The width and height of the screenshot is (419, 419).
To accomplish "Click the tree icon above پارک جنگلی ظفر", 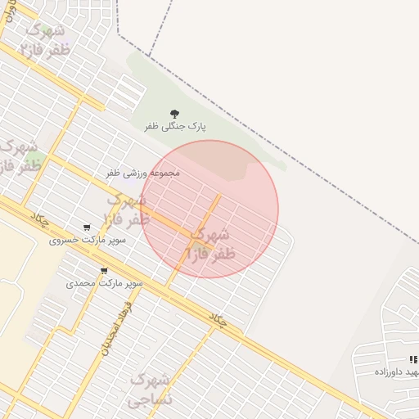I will point(174,114).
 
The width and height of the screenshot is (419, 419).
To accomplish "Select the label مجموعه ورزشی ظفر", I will point(143,173).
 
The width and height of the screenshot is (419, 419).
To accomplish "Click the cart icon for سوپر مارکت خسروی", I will point(87,228).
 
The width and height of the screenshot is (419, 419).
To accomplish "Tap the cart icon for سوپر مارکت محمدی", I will point(103,270).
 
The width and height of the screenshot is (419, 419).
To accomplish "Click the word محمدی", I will point(81,283).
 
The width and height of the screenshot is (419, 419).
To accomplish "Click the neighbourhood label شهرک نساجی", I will point(151,390).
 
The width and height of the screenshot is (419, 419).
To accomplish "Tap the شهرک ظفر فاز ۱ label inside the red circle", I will point(212,245).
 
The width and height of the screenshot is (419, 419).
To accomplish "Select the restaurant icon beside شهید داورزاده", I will point(413,359).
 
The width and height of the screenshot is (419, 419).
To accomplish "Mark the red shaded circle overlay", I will point(246,180).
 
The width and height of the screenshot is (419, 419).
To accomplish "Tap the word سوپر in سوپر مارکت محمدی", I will point(132,283).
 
